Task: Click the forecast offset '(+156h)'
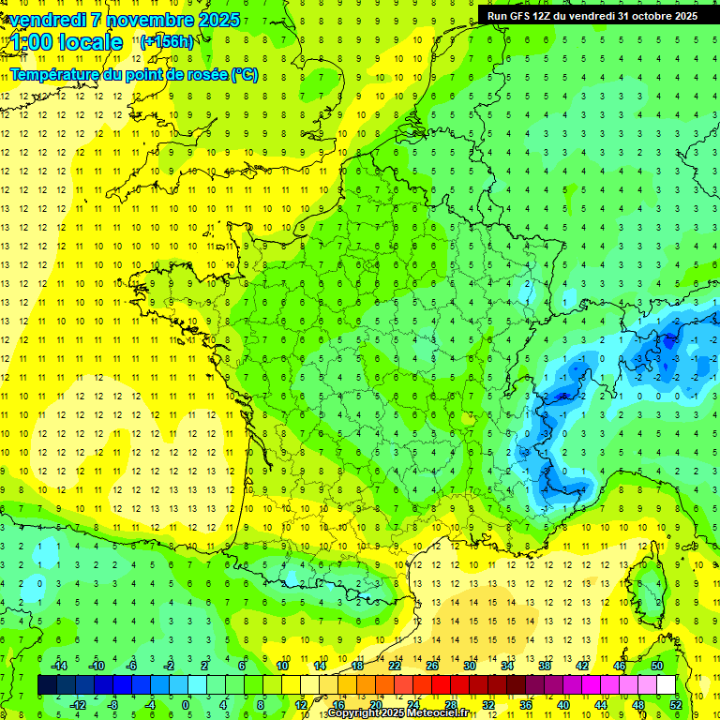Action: click(167, 41)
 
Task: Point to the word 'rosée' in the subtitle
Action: click(206, 74)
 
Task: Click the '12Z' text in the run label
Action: click(546, 16)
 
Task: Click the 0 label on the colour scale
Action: click(186, 704)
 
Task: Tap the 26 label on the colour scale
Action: click(432, 666)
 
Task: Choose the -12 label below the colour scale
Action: click(78, 704)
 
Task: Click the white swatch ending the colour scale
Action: click(667, 685)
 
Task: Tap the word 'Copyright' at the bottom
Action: click(352, 713)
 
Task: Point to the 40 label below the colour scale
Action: click(562, 704)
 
